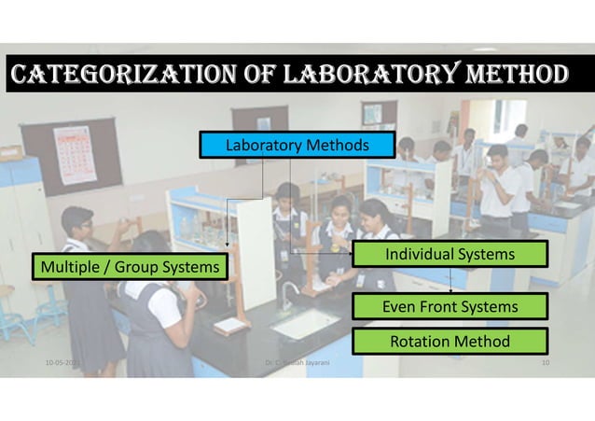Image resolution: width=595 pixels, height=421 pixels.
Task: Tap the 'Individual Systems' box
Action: click(450, 254)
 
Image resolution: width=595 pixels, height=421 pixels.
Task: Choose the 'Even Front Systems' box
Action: click(450, 306)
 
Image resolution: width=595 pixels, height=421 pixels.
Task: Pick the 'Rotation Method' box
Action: click(450, 341)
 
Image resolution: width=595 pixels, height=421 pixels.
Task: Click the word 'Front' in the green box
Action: click(449, 306)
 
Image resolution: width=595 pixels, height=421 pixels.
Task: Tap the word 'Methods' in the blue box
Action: click(333, 146)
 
